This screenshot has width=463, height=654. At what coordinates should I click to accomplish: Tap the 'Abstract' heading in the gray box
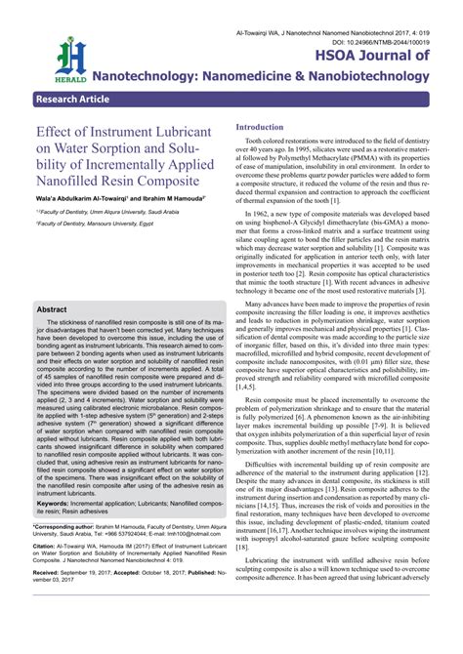point(52,308)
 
